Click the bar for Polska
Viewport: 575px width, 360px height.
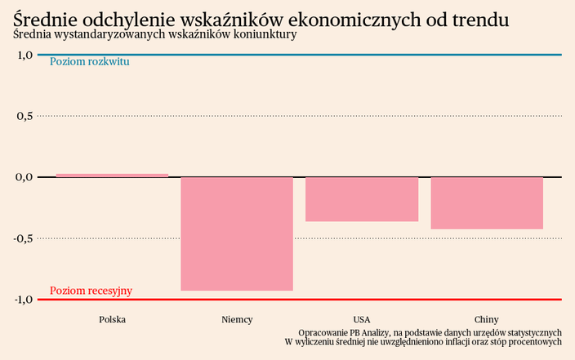pos(112,176)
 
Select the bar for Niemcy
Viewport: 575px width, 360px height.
pos(237,233)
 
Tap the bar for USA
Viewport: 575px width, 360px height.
pos(362,199)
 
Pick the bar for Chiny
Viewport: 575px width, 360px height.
pos(487,202)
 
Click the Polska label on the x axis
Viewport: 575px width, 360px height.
pos(112,319)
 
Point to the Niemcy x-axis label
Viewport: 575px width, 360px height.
pos(237,319)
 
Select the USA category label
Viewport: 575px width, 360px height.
pos(362,319)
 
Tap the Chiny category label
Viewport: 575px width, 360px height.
pos(487,319)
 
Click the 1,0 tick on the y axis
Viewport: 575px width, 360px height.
pos(24,55)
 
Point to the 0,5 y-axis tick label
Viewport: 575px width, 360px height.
pos(24,116)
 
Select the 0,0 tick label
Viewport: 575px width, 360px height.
pos(24,176)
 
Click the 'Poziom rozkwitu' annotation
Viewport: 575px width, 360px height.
pos(90,62)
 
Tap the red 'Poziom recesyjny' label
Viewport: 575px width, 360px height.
pos(91,291)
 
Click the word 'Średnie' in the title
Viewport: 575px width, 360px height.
pos(46,18)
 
